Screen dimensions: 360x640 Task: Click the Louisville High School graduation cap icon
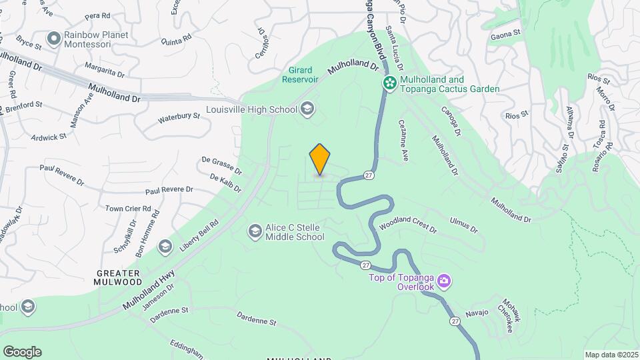pyautogui.click(x=307, y=109)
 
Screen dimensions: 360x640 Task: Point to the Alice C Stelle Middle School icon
pyautogui.click(x=254, y=231)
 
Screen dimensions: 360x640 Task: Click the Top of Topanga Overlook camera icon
pyautogui.click(x=444, y=282)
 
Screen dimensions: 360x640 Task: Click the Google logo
pyautogui.click(x=22, y=352)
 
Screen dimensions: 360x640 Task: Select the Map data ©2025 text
pyautogui.click(x=611, y=355)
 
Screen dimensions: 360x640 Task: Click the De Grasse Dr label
pyautogui.click(x=221, y=167)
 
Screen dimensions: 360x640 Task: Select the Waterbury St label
pyautogui.click(x=179, y=118)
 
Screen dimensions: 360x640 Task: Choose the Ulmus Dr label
pyautogui.click(x=464, y=224)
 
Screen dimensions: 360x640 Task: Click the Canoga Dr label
pyautogui.click(x=451, y=117)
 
